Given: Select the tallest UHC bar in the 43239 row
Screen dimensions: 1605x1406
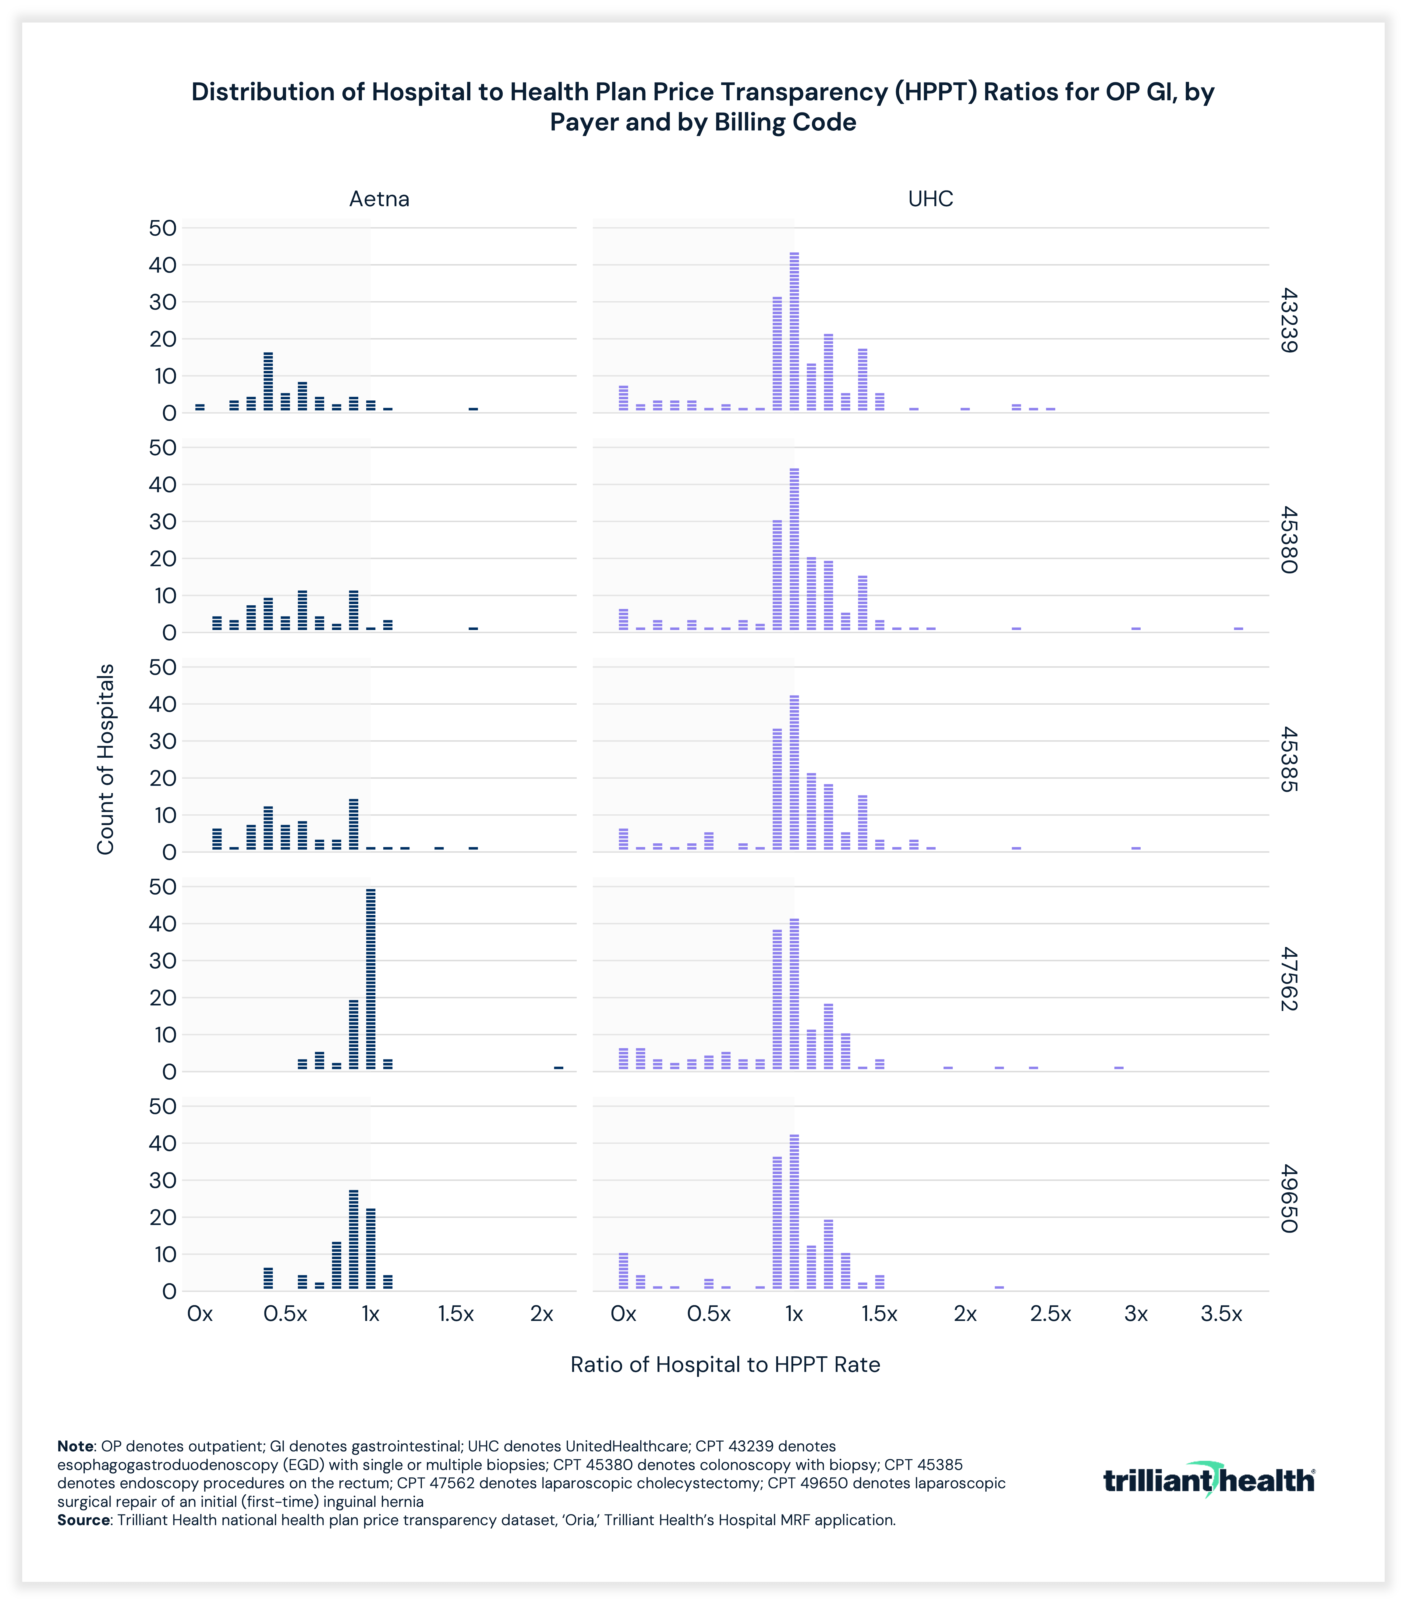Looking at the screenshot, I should coord(794,331).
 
